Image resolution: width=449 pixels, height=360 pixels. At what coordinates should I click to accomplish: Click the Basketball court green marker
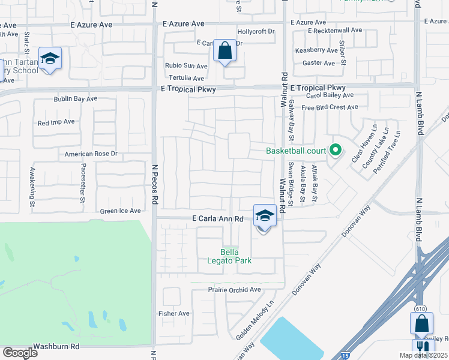(336, 151)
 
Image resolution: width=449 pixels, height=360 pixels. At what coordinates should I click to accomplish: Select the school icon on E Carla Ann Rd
(265, 215)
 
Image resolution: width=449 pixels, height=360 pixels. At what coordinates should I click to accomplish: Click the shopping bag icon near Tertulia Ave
(224, 52)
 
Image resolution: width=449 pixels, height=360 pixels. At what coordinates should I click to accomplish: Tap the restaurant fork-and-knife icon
(423, 347)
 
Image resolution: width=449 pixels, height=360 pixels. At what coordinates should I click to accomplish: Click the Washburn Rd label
(56, 346)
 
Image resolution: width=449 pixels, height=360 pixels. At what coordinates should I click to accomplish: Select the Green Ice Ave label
(120, 211)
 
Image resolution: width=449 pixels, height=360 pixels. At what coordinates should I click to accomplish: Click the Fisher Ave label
(173, 313)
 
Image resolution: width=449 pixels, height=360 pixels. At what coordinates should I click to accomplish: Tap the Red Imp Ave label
(56, 122)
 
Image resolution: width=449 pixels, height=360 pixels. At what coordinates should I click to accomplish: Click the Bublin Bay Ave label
(75, 98)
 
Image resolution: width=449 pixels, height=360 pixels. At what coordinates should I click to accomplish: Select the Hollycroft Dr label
(256, 31)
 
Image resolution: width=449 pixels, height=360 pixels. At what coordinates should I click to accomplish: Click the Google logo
(20, 352)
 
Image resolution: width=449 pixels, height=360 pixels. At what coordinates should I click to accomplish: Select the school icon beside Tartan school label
(50, 59)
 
